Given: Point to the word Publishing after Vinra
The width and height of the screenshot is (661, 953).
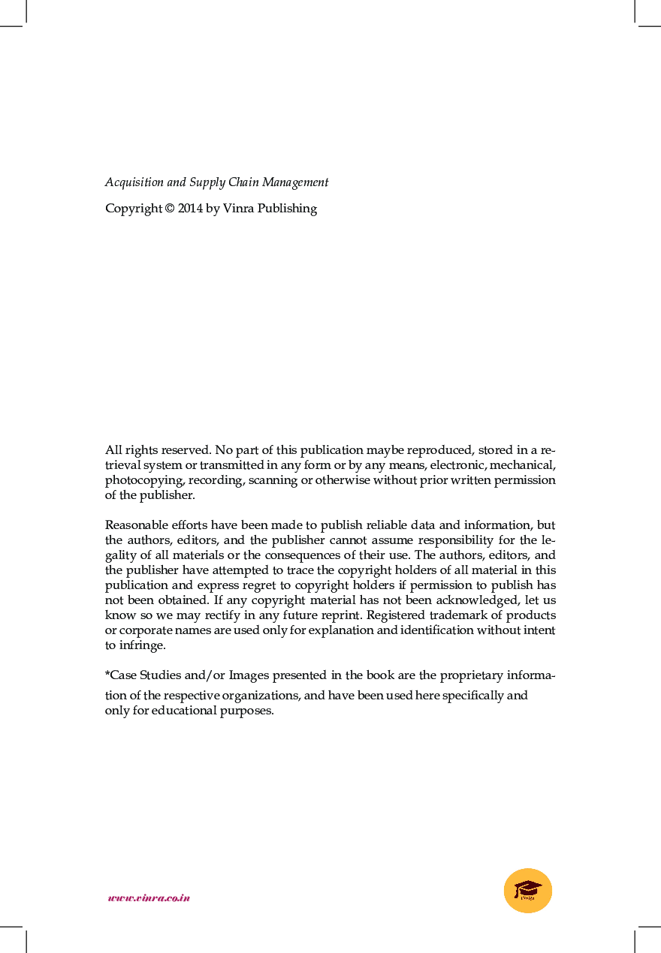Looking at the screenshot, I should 287,209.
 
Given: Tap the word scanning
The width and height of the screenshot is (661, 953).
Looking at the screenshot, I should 273,480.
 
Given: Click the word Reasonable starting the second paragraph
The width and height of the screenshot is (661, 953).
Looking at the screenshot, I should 137,525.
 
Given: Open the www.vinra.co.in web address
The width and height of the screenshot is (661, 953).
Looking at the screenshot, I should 149,897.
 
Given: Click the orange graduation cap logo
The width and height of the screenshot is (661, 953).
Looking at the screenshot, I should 528,891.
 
